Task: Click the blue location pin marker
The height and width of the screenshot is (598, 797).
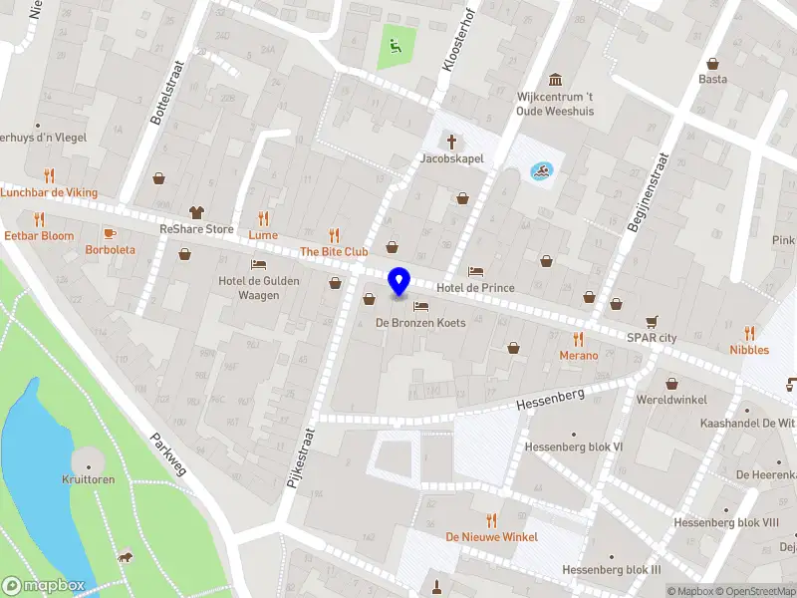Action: pyautogui.click(x=399, y=281)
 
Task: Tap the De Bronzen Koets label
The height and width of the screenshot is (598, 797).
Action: pyautogui.click(x=420, y=323)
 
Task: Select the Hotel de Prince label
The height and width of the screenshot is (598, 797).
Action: pyautogui.click(x=476, y=288)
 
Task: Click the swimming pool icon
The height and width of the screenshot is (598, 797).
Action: pyautogui.click(x=539, y=171)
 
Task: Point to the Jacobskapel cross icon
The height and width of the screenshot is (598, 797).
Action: pyautogui.click(x=451, y=142)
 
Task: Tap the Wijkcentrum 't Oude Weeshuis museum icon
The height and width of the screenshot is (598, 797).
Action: pyautogui.click(x=555, y=80)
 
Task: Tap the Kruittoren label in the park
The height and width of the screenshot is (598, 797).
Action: pyautogui.click(x=89, y=479)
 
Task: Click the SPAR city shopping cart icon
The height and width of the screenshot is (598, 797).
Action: pyautogui.click(x=652, y=321)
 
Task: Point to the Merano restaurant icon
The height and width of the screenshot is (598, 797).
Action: pyautogui.click(x=578, y=339)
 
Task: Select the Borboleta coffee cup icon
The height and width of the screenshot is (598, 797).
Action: pyautogui.click(x=110, y=232)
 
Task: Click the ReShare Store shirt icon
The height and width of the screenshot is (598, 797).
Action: pyautogui.click(x=196, y=211)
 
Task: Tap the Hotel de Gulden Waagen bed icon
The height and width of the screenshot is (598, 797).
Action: pyautogui.click(x=259, y=265)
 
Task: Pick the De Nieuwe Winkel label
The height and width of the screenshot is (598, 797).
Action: pyautogui.click(x=492, y=537)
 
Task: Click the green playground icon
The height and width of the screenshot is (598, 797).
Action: pyautogui.click(x=395, y=44)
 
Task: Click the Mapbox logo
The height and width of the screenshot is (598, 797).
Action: pyautogui.click(x=43, y=586)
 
